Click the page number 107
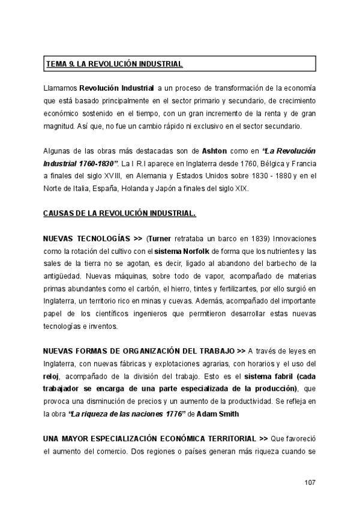[x=309, y=483]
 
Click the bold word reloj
[x=53, y=377]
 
